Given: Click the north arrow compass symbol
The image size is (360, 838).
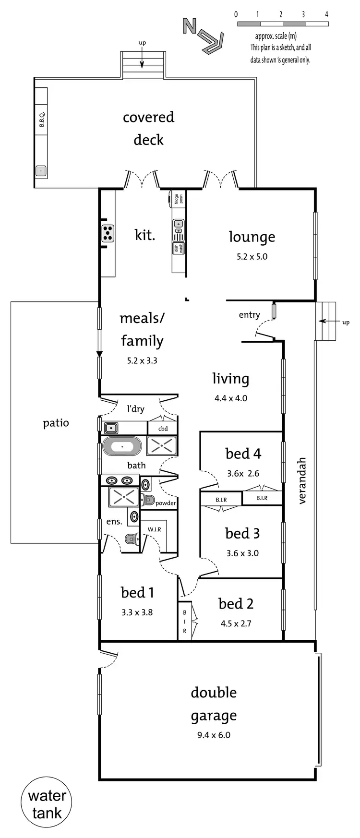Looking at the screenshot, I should click(x=204, y=36).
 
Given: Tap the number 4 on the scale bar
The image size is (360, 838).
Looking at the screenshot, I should click(x=326, y=14).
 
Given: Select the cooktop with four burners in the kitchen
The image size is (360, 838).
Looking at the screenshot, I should click(x=108, y=233).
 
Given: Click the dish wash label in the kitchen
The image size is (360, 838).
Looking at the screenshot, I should click(x=179, y=248).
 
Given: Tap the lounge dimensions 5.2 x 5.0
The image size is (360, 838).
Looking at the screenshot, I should click(x=252, y=257).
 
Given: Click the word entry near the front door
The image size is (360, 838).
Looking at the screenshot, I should click(x=249, y=315).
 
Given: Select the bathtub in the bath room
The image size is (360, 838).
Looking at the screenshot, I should click(x=122, y=447).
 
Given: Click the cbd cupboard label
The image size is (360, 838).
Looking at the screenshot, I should click(x=163, y=429).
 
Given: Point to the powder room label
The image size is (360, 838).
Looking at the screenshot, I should click(x=166, y=503).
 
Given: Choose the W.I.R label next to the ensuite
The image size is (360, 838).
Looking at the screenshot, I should click(x=154, y=529).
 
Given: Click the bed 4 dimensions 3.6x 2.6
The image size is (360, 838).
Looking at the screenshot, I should click(x=243, y=474).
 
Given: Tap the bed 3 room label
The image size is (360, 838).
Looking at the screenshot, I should click(x=242, y=533).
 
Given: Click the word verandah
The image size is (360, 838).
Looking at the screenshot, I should click(x=302, y=480).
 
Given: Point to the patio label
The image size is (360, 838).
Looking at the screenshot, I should click(x=56, y=423).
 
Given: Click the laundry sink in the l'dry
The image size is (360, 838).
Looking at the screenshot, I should click(x=111, y=427).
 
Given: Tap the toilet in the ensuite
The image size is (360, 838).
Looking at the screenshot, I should click(x=130, y=539).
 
